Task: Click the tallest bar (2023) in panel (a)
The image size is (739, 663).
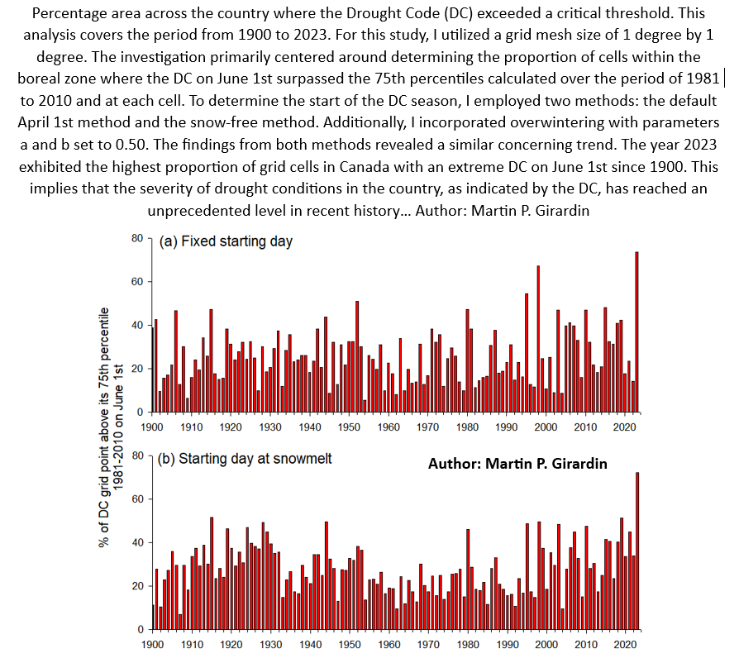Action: coord(636,331)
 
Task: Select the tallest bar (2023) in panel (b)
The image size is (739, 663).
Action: coord(636,550)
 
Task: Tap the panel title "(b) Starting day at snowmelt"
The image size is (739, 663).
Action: coord(244,458)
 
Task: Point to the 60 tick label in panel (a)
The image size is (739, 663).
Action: coord(139,282)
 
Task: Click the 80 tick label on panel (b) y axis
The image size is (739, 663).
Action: coord(139,456)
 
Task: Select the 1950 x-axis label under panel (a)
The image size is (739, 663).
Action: coord(349,427)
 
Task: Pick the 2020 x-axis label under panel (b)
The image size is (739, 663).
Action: coord(625,645)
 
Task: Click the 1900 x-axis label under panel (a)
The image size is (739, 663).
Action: coord(152,427)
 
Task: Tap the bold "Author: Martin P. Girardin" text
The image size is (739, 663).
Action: coord(517,464)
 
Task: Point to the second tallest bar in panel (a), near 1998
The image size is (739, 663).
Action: coord(538,339)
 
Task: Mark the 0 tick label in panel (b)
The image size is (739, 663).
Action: coord(141,629)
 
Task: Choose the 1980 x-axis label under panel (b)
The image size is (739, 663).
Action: coord(467,645)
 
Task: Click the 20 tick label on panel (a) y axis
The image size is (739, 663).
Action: coord(139,369)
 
